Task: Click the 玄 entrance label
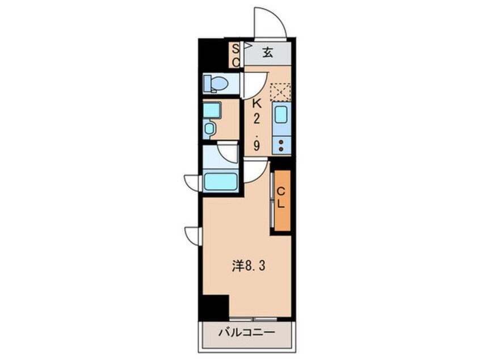pos(268,53)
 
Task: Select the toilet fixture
pos(216,83)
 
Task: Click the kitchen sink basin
pos(281,116)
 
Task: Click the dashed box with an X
pos(280,91)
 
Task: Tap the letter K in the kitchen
pos(256,104)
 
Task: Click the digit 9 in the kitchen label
pos(256,146)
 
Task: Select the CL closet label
pos(281,199)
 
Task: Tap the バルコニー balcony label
pos(247,333)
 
